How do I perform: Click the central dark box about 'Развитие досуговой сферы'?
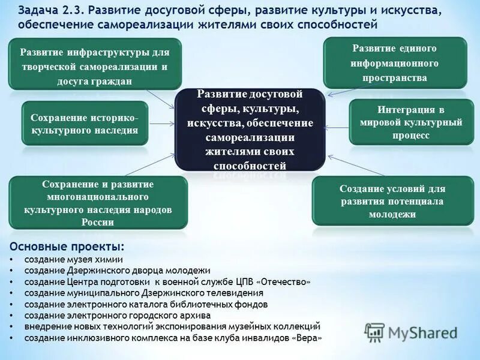(x=250, y=130)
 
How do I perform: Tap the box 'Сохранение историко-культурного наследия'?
(x=85, y=124)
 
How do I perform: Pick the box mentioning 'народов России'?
(x=98, y=203)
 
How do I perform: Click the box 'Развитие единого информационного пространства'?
(x=395, y=62)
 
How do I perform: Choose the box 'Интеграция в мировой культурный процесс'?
(x=411, y=123)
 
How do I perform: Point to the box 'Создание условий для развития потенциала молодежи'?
(x=392, y=201)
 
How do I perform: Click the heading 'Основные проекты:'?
(x=68, y=247)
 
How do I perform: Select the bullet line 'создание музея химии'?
(x=74, y=260)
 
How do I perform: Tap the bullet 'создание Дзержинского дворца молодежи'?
(x=117, y=271)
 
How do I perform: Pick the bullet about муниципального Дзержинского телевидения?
(x=144, y=293)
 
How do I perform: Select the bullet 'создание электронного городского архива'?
(x=118, y=315)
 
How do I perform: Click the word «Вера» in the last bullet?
(x=305, y=338)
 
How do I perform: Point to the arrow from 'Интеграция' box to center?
(x=337, y=127)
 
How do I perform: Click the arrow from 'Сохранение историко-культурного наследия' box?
(x=161, y=124)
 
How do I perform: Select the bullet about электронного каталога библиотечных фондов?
(x=146, y=304)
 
